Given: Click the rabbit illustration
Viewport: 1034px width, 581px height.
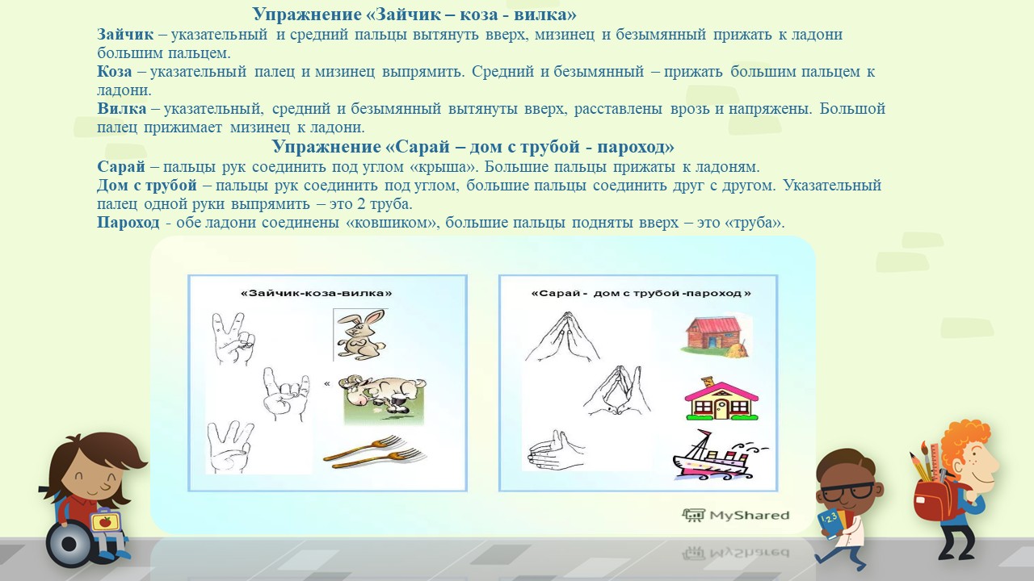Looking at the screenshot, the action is tap(360, 335).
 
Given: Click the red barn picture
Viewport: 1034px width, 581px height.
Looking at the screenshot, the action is tap(716, 336).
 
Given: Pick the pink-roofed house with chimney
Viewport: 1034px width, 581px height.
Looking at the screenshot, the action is tap(721, 399).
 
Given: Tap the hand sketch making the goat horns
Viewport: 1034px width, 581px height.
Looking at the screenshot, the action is tap(286, 394).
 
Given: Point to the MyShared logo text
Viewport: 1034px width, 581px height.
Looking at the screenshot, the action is tap(736, 515).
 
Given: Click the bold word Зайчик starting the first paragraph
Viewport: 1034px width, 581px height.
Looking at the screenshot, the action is tap(125, 35).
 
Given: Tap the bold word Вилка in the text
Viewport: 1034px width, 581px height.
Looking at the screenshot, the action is tap(121, 109).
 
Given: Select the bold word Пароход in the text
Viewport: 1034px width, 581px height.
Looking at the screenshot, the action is tap(128, 223).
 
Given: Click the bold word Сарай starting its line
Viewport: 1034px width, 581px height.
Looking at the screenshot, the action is tap(121, 166).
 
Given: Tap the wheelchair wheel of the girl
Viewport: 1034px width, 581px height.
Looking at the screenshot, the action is tap(69, 544).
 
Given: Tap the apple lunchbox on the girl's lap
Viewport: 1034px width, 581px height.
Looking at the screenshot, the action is tap(105, 521).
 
